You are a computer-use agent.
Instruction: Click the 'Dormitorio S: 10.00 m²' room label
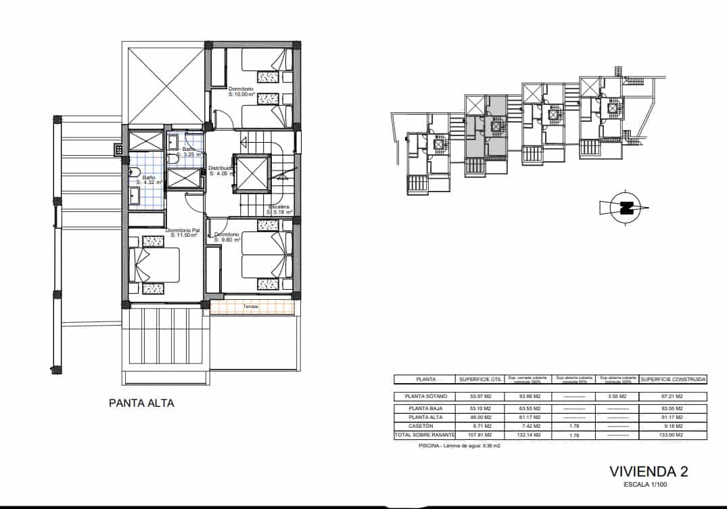click(x=241, y=92)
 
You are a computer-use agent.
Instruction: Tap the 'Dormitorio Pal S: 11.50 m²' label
click(x=183, y=233)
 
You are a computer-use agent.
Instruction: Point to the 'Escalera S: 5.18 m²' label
click(x=279, y=209)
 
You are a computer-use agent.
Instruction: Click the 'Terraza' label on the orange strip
click(x=252, y=307)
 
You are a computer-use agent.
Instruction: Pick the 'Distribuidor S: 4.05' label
click(x=221, y=171)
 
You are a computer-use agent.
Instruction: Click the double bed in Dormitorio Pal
click(x=156, y=265)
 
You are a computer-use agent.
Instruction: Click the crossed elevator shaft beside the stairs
click(x=252, y=174)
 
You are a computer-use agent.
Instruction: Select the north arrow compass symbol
click(x=622, y=208)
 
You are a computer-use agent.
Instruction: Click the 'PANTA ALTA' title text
click(x=141, y=403)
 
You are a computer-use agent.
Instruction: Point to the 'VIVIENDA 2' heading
click(x=649, y=472)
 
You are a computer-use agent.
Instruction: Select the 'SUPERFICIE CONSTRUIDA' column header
click(x=673, y=380)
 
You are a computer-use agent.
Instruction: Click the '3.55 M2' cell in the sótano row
click(x=616, y=397)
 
